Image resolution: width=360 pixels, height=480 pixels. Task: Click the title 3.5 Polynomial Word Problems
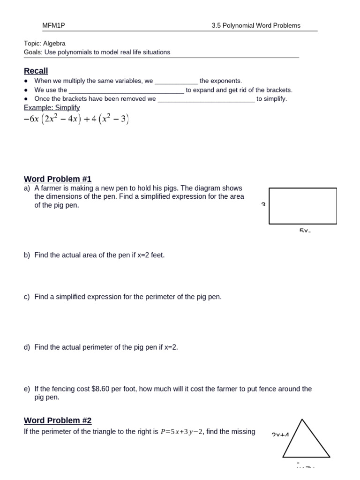tap(256, 26)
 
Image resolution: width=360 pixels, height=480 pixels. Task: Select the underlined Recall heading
tap(36, 71)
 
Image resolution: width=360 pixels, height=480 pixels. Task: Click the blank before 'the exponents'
tap(176, 81)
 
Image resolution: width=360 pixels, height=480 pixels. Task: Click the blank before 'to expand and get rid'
tap(126, 90)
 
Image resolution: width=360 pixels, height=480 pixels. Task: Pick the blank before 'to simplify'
tap(206, 99)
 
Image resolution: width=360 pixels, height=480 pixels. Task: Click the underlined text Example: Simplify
tap(52, 108)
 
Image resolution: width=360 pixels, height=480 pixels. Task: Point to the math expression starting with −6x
tap(76, 120)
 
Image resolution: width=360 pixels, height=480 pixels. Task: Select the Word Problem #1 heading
tap(58, 179)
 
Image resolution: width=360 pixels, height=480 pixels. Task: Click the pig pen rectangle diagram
tap(303, 206)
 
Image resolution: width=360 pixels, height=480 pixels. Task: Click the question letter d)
tap(27, 347)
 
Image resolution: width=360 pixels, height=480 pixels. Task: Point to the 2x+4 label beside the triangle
tap(280, 435)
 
